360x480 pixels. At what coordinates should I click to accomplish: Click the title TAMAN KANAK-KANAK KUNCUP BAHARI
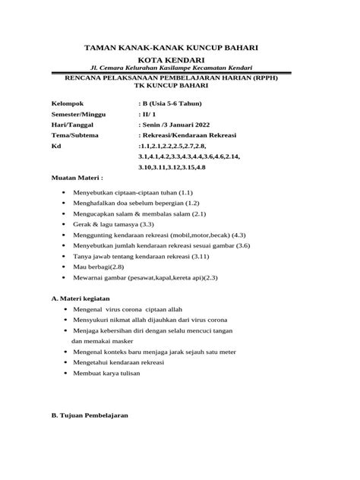coord(180,47)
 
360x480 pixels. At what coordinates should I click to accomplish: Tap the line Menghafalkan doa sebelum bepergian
coord(131,204)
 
